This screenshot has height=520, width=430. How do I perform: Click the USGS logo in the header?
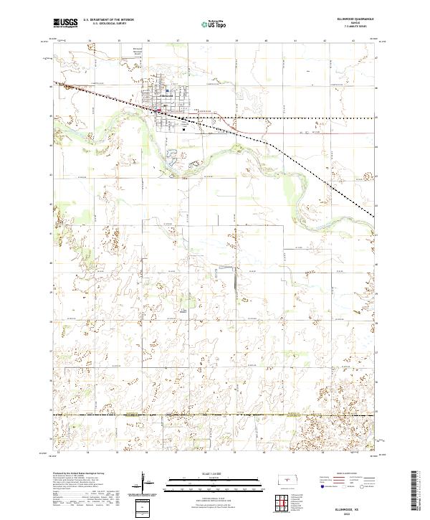coord(64,24)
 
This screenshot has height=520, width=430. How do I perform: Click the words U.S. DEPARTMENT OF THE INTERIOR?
coord(108,20)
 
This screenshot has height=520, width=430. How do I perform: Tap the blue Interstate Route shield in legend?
coord(317,486)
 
